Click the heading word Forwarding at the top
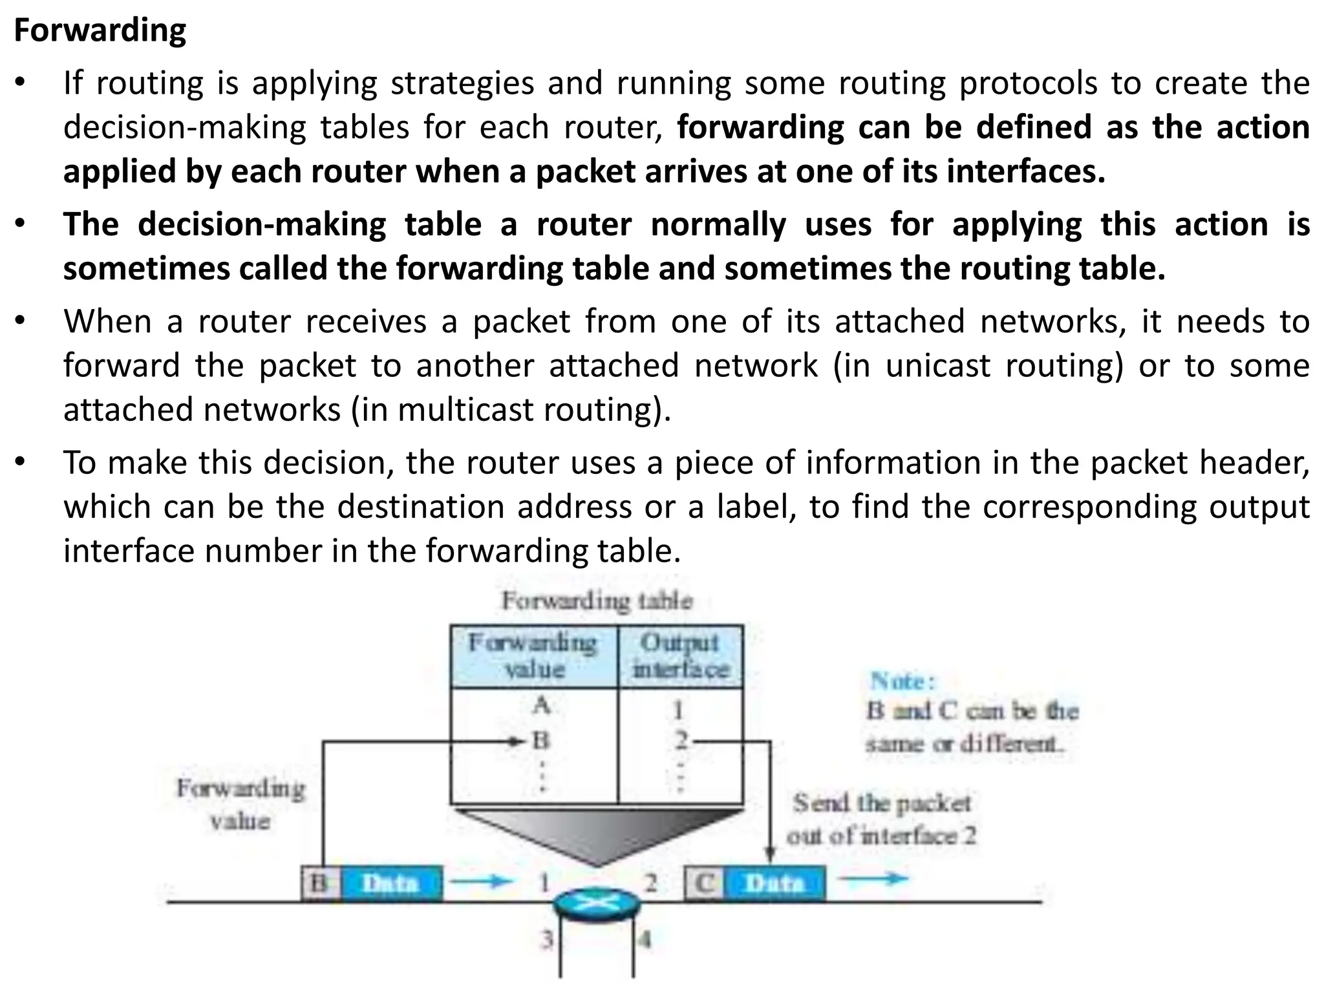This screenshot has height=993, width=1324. tap(100, 30)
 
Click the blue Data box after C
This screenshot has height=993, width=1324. tap(775, 883)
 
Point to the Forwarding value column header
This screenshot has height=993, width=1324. tap(534, 656)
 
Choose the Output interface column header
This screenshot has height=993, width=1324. tap(680, 656)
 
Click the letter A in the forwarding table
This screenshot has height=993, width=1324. tap(541, 705)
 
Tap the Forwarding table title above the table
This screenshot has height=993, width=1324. tap(597, 601)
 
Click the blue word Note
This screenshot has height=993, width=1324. tap(902, 681)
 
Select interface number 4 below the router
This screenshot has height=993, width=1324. tap(645, 939)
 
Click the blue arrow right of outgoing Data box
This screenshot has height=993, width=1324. tap(873, 878)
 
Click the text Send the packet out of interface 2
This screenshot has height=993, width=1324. tap(882, 819)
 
